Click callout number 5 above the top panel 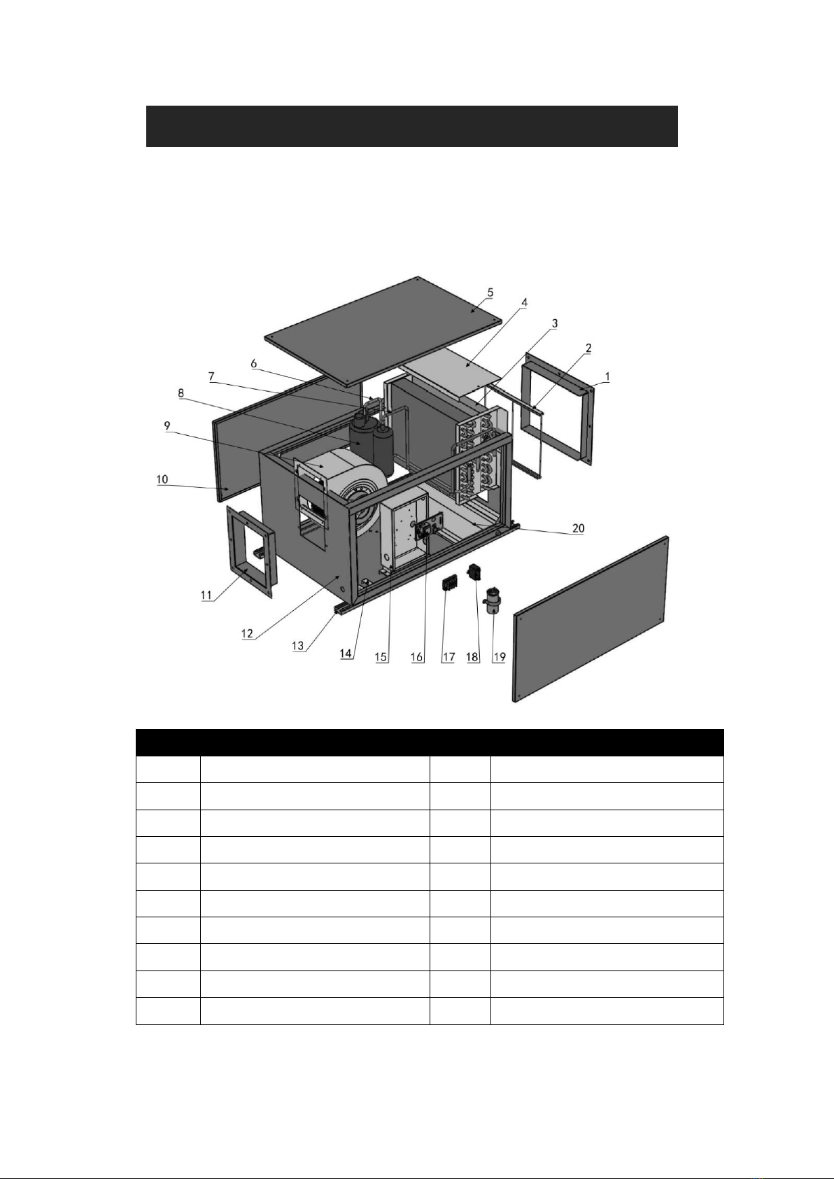coord(490,292)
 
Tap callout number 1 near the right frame coord(608,376)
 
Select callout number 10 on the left coord(162,479)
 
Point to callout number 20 coord(579,528)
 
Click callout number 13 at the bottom coord(298,645)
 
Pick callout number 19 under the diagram coord(499,657)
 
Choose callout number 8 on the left coord(181,393)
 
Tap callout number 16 coord(417,657)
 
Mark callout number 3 coord(555,323)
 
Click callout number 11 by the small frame coord(206,595)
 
